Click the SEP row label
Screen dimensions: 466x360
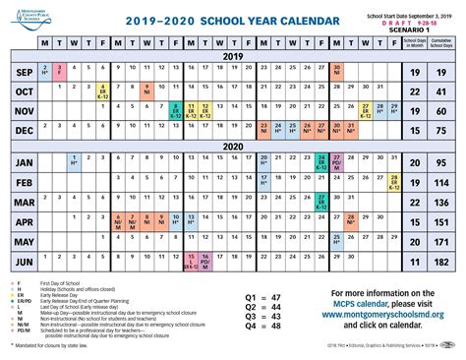pyautogui.click(x=21, y=73)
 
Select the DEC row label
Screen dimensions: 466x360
pyautogui.click(x=21, y=129)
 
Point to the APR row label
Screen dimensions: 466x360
pyautogui.click(x=21, y=222)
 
